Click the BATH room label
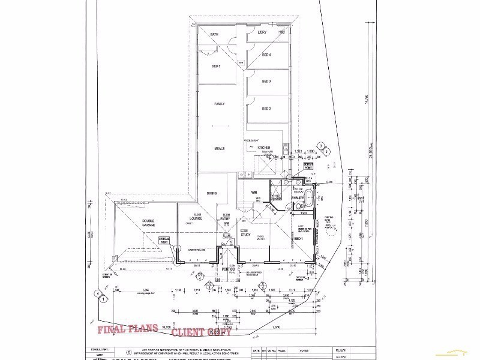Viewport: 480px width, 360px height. [x=214, y=35]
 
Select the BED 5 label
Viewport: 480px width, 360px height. [x=217, y=66]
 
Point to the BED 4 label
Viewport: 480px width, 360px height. [x=266, y=55]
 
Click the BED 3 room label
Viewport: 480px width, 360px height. [x=266, y=82]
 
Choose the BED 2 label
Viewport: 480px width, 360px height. [x=266, y=109]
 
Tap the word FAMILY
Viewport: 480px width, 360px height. [x=219, y=104]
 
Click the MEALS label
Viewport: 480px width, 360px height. [x=219, y=148]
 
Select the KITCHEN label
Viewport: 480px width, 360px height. [x=264, y=148]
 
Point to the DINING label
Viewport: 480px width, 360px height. [x=212, y=193]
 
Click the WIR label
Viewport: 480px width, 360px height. [x=254, y=192]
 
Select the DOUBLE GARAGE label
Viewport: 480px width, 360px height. [x=148, y=223]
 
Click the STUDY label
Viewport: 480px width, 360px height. [x=245, y=235]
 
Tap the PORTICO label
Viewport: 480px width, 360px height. [x=227, y=270]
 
